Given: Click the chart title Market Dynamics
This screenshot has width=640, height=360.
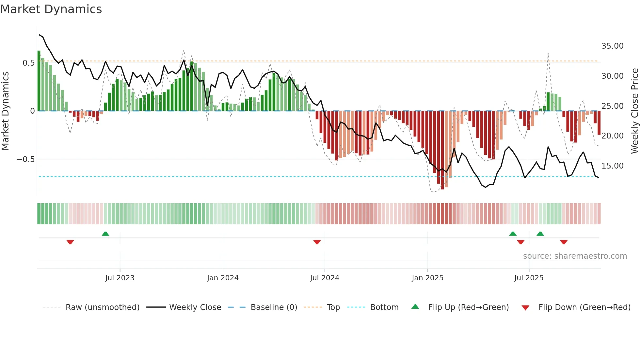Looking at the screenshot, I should coord(51,9).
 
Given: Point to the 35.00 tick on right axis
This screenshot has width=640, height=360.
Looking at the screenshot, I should coord(612,46).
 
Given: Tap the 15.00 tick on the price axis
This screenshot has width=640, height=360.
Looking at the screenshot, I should coord(612,166).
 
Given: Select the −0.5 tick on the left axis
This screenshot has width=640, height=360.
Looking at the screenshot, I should coord(25,159).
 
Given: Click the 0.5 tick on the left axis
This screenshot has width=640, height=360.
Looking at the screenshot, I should coord(28,63).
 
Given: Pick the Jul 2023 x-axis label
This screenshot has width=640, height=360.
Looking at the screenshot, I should coord(120,278).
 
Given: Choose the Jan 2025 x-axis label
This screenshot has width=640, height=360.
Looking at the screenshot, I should coord(427,278).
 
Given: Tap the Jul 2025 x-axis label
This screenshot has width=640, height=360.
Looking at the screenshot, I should coord(529,278).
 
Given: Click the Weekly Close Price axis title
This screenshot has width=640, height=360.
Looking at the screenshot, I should coord(634,111).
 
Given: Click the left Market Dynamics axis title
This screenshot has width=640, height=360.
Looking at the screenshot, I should coord(5,111).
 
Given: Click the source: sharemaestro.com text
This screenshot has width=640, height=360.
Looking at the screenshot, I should coord(575,256).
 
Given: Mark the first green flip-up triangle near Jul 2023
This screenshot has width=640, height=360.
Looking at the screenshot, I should coord(105,234).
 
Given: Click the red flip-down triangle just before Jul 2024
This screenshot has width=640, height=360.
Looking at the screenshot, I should coord(317,242).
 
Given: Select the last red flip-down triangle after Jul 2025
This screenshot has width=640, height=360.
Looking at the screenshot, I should coord(564,242).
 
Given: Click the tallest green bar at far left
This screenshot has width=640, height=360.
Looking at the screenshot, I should coord(39,82).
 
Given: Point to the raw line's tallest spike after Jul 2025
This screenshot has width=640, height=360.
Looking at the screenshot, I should coord(548,54).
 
